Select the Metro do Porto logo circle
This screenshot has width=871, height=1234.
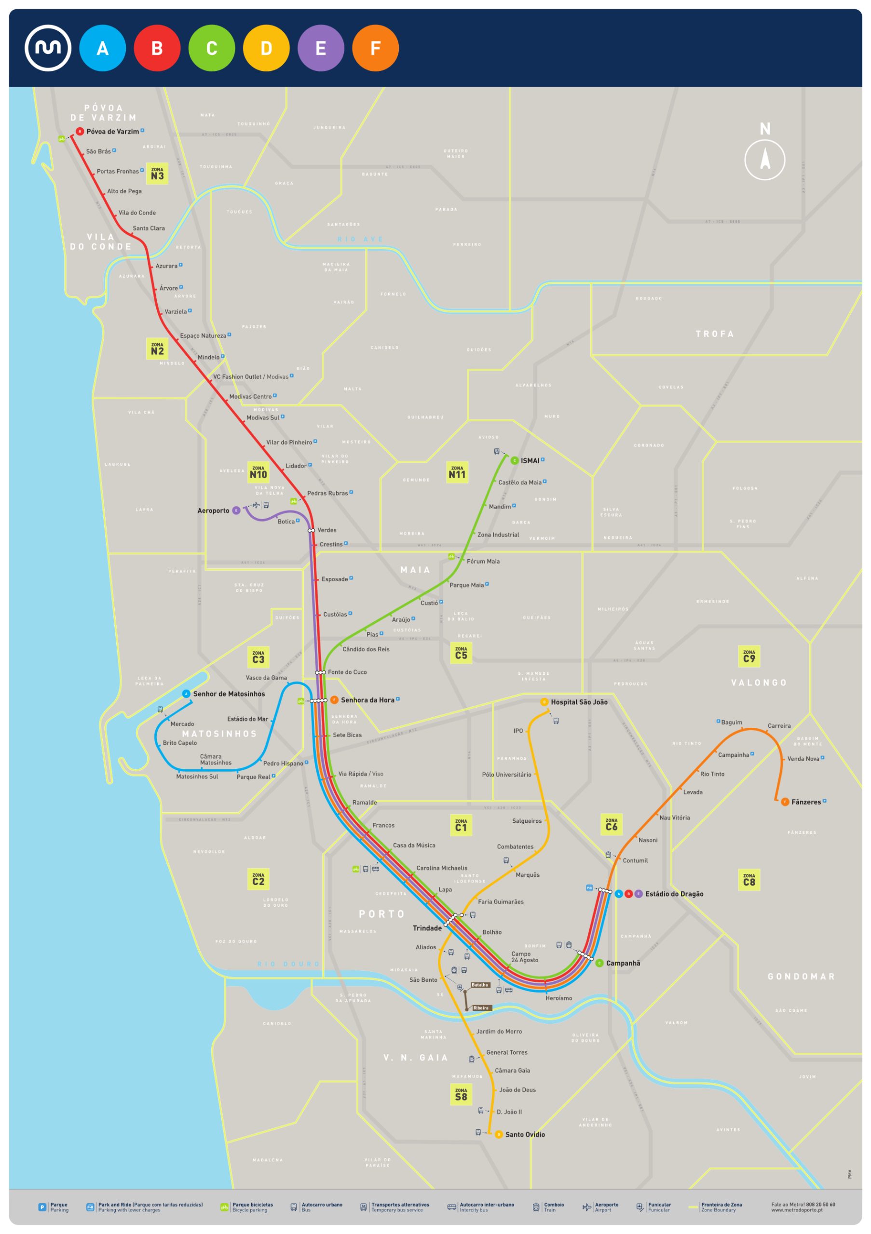48,48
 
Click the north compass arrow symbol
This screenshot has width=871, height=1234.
764,159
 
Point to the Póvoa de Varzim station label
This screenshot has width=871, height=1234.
112,131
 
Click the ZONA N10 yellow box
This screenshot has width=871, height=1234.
258,472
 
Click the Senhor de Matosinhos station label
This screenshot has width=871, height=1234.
229,694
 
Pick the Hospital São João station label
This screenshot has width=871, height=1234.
579,702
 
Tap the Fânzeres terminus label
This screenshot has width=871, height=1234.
805,802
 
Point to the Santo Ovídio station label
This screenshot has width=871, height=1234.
524,1135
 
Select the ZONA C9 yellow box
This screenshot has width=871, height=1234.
749,656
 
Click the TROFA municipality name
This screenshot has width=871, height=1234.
715,334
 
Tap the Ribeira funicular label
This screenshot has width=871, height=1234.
481,1008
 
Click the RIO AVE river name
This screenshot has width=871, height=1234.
360,239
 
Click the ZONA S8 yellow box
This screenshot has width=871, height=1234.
461,1094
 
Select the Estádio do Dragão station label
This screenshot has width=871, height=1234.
674,894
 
